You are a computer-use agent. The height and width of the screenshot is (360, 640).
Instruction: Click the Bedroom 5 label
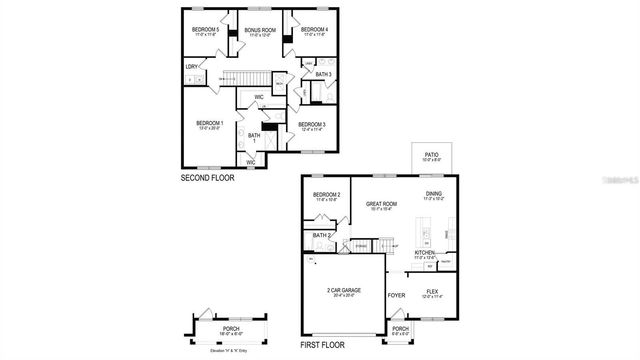click(206, 30)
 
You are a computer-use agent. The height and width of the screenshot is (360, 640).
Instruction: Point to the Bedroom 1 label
click(208, 124)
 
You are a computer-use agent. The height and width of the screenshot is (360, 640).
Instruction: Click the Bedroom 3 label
click(312, 124)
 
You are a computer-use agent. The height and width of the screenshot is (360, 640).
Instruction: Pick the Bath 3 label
click(323, 74)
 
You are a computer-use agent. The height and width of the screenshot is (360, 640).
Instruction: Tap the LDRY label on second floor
click(191, 67)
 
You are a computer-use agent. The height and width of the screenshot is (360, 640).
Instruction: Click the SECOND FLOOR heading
click(208, 179)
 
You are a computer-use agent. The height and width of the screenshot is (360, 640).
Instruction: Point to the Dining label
click(434, 195)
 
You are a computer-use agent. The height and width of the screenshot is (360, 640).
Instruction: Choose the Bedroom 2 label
click(327, 195)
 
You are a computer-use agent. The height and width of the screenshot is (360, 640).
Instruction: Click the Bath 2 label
click(321, 235)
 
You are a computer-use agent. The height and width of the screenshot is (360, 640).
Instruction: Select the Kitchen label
click(424, 254)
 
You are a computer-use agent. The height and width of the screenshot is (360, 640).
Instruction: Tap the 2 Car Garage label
click(344, 290)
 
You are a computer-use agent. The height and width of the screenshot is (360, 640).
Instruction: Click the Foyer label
click(396, 295)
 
